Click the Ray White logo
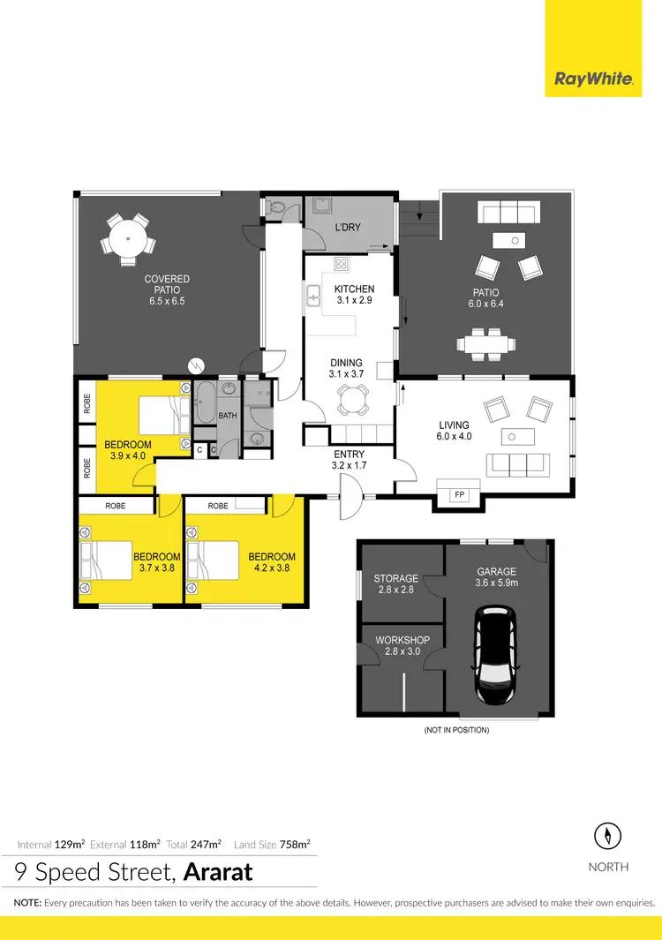coord(592,79)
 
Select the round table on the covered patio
coord(129,237)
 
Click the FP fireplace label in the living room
coord(458,495)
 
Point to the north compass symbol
coord(608,835)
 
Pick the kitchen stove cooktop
coord(342,265)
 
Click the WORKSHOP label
coord(402,640)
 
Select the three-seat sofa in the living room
coord(519,464)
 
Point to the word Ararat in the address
coord(218,873)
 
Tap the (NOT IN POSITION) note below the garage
coord(455,730)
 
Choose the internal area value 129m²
coord(70,844)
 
